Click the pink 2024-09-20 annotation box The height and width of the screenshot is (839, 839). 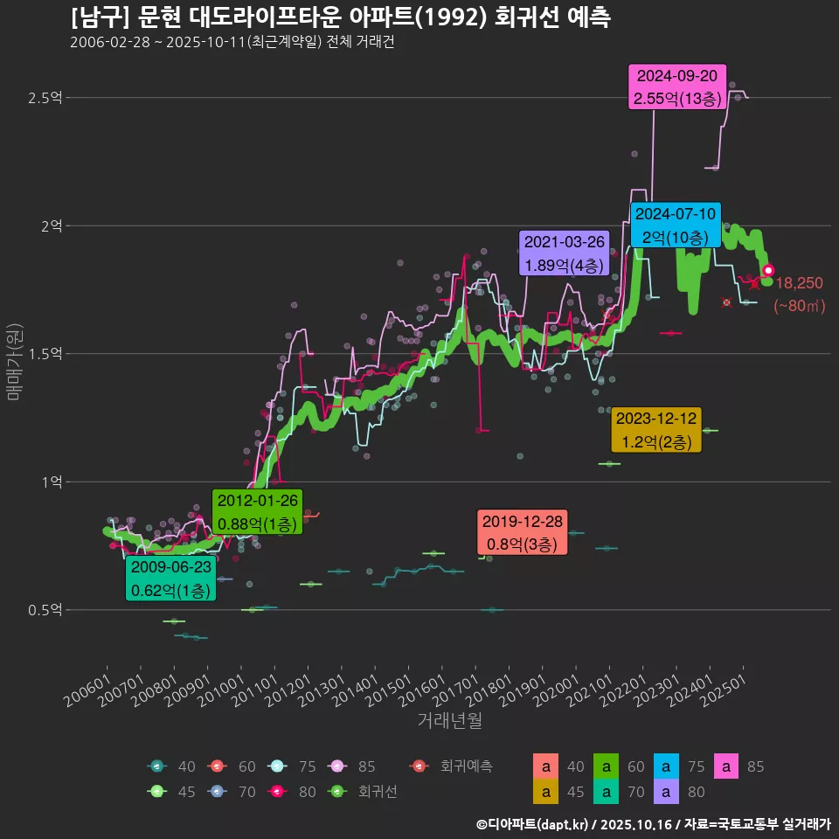coord(678,87)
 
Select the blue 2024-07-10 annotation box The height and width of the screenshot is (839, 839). coord(676,225)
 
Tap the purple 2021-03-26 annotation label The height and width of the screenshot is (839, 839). coord(564,253)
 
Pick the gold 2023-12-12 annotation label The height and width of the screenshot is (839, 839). coord(656,430)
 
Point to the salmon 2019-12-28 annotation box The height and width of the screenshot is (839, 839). coord(522,532)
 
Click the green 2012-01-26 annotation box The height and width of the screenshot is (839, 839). coord(258,512)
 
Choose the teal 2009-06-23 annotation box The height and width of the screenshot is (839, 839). coord(170,579)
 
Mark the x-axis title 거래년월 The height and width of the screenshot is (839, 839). coord(449,720)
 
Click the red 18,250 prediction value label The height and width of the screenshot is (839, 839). coord(799,283)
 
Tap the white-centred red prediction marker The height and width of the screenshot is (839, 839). coord(768,271)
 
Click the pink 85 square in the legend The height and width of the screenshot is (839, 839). coord(728,766)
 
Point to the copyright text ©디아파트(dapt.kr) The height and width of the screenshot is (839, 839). coord(534,823)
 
